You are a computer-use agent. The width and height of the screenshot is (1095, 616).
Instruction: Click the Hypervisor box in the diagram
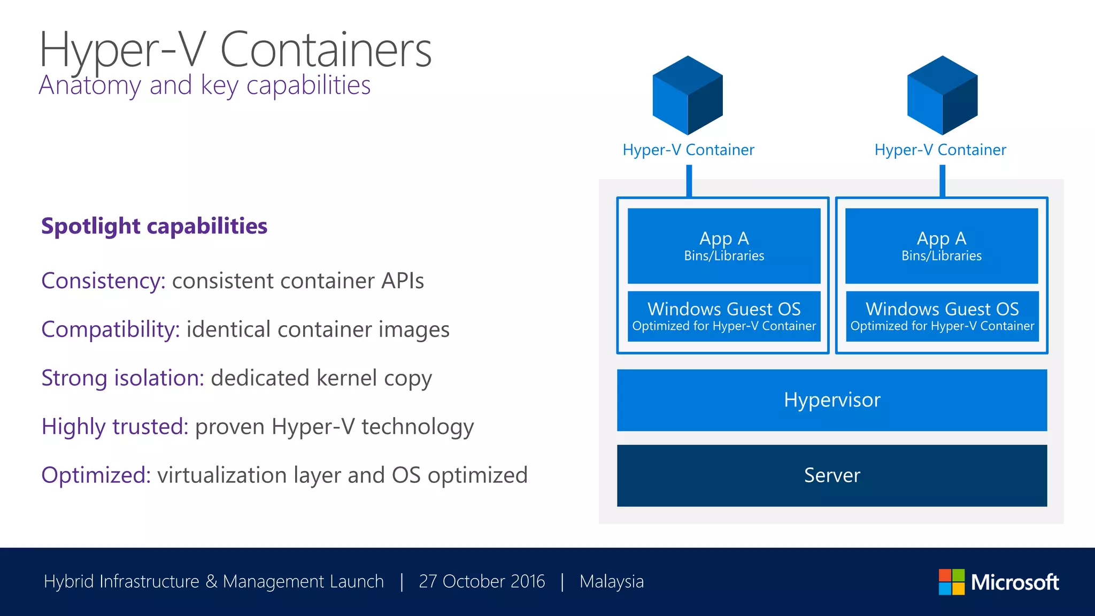click(832, 400)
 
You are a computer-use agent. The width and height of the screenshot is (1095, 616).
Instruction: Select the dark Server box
click(832, 475)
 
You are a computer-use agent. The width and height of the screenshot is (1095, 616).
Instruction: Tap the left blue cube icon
click(688, 95)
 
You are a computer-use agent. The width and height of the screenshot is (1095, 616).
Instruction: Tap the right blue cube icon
click(942, 95)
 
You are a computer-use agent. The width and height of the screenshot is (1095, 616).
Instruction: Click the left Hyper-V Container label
click(688, 150)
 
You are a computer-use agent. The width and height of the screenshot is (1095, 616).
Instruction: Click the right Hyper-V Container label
click(940, 150)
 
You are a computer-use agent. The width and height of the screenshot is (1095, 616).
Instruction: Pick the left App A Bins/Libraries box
click(724, 245)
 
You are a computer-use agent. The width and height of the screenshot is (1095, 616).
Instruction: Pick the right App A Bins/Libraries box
click(942, 245)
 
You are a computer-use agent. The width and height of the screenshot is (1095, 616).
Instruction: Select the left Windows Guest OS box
click(724, 316)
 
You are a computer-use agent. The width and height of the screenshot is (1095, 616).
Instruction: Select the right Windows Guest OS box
click(942, 316)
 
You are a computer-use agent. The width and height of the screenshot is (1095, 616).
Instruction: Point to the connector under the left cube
click(689, 181)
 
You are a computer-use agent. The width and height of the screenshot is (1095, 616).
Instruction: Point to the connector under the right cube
click(942, 181)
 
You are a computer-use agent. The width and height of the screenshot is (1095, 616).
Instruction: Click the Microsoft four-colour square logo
click(952, 582)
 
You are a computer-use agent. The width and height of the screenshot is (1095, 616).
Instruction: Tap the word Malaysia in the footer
click(612, 581)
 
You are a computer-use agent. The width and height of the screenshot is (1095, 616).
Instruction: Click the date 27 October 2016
click(482, 581)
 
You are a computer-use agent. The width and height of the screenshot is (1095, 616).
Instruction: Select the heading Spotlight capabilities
click(154, 226)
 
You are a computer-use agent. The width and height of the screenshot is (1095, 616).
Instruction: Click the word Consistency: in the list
click(104, 281)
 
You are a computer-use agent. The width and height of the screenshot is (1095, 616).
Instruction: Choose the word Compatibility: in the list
click(111, 329)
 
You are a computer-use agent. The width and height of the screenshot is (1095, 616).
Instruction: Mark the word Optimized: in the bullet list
click(96, 475)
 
